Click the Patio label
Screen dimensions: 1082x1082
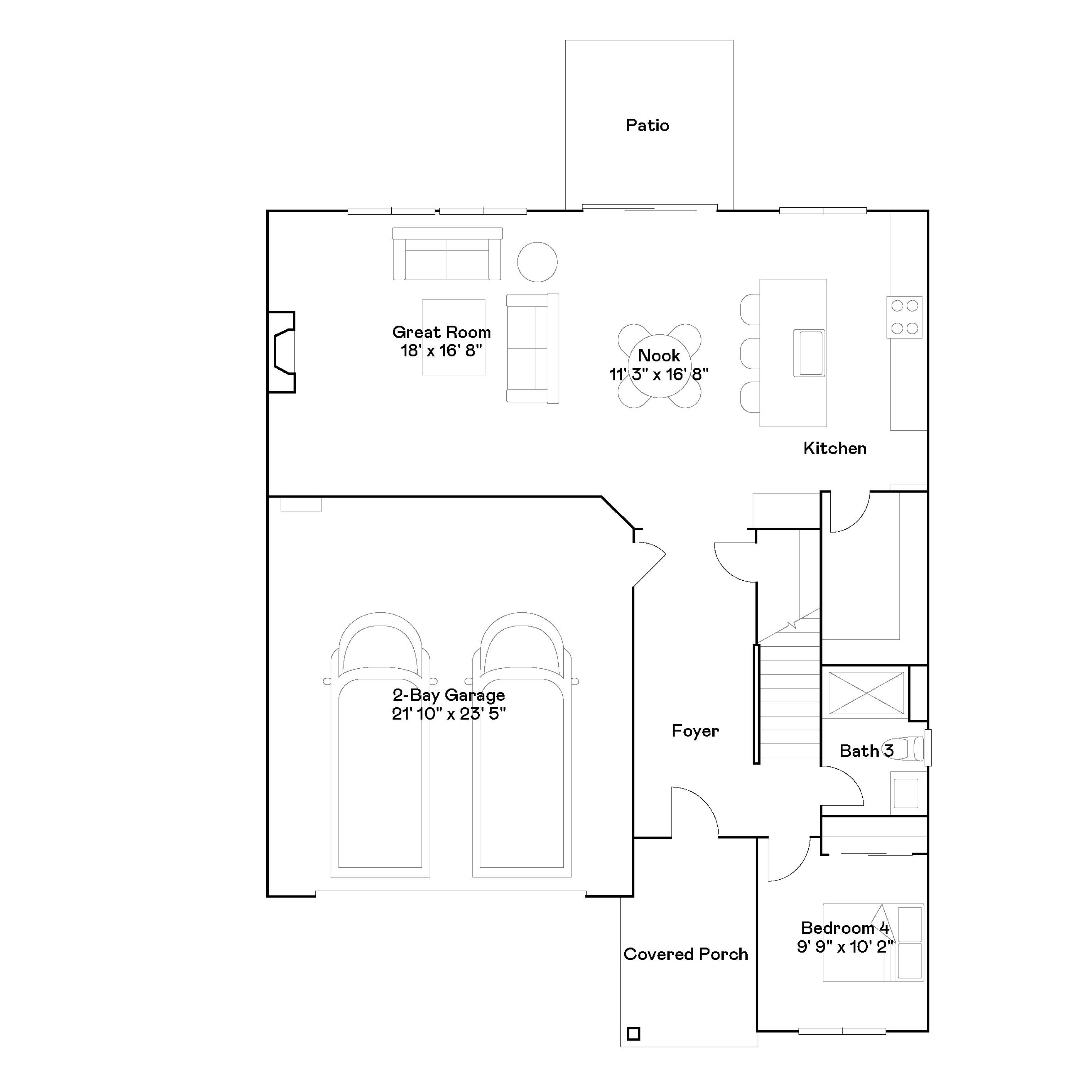pos(647,126)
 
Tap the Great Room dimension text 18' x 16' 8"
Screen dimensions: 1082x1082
pos(441,351)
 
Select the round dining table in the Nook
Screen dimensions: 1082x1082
pos(659,366)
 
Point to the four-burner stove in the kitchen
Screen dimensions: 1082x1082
pos(904,317)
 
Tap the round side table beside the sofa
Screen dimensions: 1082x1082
pos(537,261)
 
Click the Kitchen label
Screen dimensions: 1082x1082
pos(835,448)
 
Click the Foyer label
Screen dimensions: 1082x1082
pos(695,731)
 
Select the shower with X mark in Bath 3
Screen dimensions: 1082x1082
pos(866,693)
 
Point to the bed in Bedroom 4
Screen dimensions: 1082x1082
pos(872,942)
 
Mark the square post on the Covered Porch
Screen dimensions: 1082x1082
pos(633,1033)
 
